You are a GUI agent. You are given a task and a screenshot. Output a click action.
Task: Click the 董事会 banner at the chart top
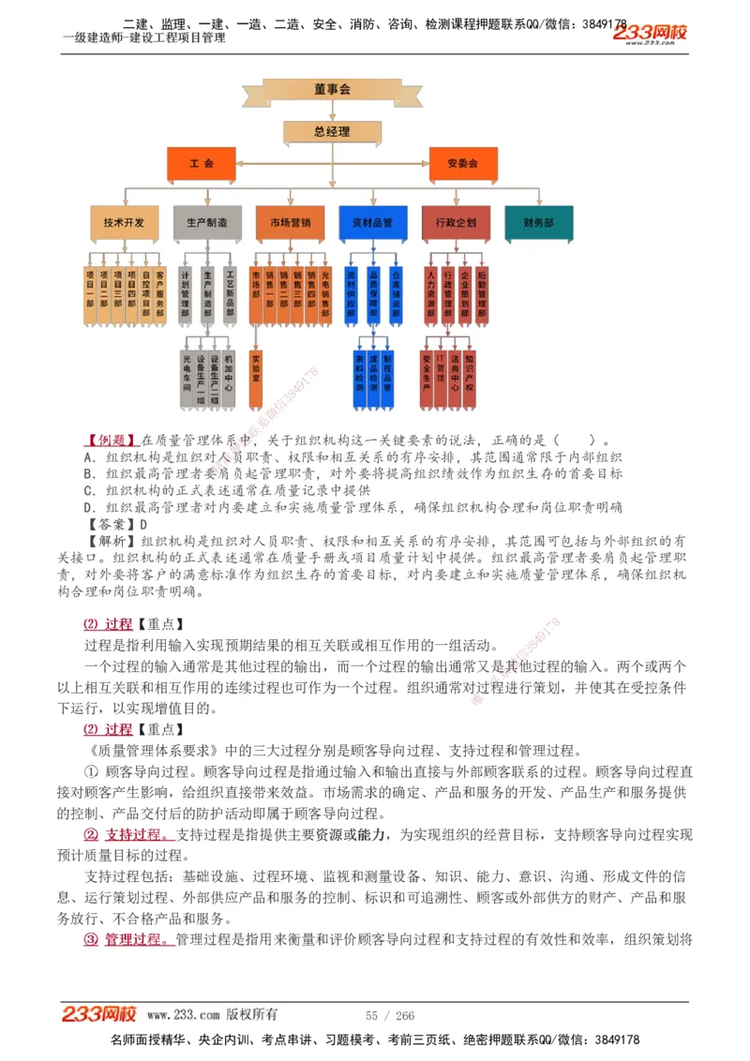[x=332, y=90]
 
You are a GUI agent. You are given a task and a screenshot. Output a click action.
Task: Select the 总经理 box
[x=332, y=132]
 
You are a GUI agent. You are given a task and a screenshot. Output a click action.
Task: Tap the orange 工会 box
[x=202, y=163]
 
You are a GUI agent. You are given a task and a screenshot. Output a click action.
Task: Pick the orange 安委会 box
[x=462, y=163]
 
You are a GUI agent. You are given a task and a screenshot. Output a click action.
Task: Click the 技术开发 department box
[x=124, y=223]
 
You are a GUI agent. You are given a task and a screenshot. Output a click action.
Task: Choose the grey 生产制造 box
[x=207, y=223]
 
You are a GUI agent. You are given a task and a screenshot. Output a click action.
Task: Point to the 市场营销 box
[x=290, y=223]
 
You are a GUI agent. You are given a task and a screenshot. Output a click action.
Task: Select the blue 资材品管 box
[x=372, y=223]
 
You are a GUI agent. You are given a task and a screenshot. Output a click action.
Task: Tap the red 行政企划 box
[x=456, y=223]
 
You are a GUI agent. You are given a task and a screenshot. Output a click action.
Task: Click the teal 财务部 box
[x=538, y=223]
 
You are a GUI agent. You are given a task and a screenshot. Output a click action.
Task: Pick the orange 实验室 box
[x=256, y=376]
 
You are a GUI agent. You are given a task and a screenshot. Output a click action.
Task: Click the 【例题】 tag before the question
[x=112, y=441]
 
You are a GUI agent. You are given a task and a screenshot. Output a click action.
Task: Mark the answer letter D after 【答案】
[x=143, y=525]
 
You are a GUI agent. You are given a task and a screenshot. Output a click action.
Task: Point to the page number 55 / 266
[x=390, y=1016]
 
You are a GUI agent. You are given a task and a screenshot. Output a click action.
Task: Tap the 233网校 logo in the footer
[x=99, y=1014]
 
